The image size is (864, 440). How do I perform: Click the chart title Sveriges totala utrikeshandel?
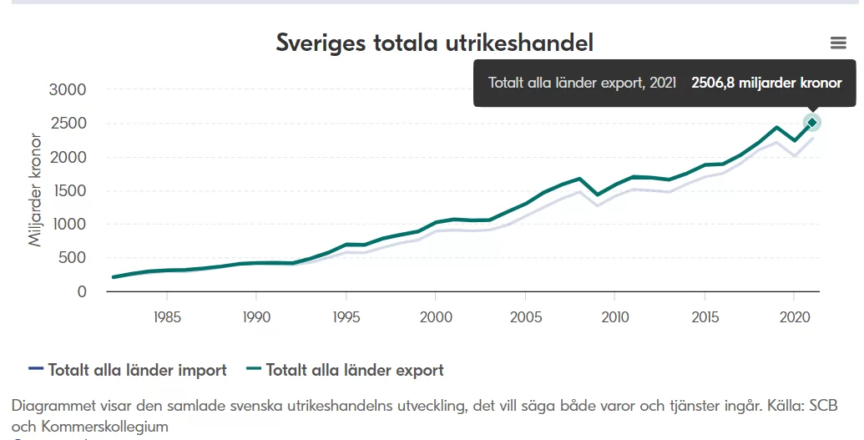coord(434,43)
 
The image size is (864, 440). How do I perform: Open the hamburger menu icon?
coord(838,43)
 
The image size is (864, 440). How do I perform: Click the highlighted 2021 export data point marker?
coord(812,123)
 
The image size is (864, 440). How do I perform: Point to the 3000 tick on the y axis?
coord(68,89)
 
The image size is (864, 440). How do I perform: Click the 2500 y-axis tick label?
coord(68,124)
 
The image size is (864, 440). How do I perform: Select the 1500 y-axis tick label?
coord(68,190)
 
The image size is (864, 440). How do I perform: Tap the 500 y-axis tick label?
coord(73,258)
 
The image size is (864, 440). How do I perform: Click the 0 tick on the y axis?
coord(82,291)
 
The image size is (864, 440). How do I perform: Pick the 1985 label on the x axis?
coord(167,318)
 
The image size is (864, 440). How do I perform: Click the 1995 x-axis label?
coord(346,318)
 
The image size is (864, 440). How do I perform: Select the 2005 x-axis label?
coord(524,318)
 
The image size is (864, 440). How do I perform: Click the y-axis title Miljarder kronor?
coord(36,190)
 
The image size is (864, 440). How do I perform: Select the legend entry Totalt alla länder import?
coord(137,370)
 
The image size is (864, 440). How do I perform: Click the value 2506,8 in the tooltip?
coord(712,83)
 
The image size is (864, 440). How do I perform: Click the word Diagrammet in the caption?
coord(53,406)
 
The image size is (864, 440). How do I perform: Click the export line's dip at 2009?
coord(596,195)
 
